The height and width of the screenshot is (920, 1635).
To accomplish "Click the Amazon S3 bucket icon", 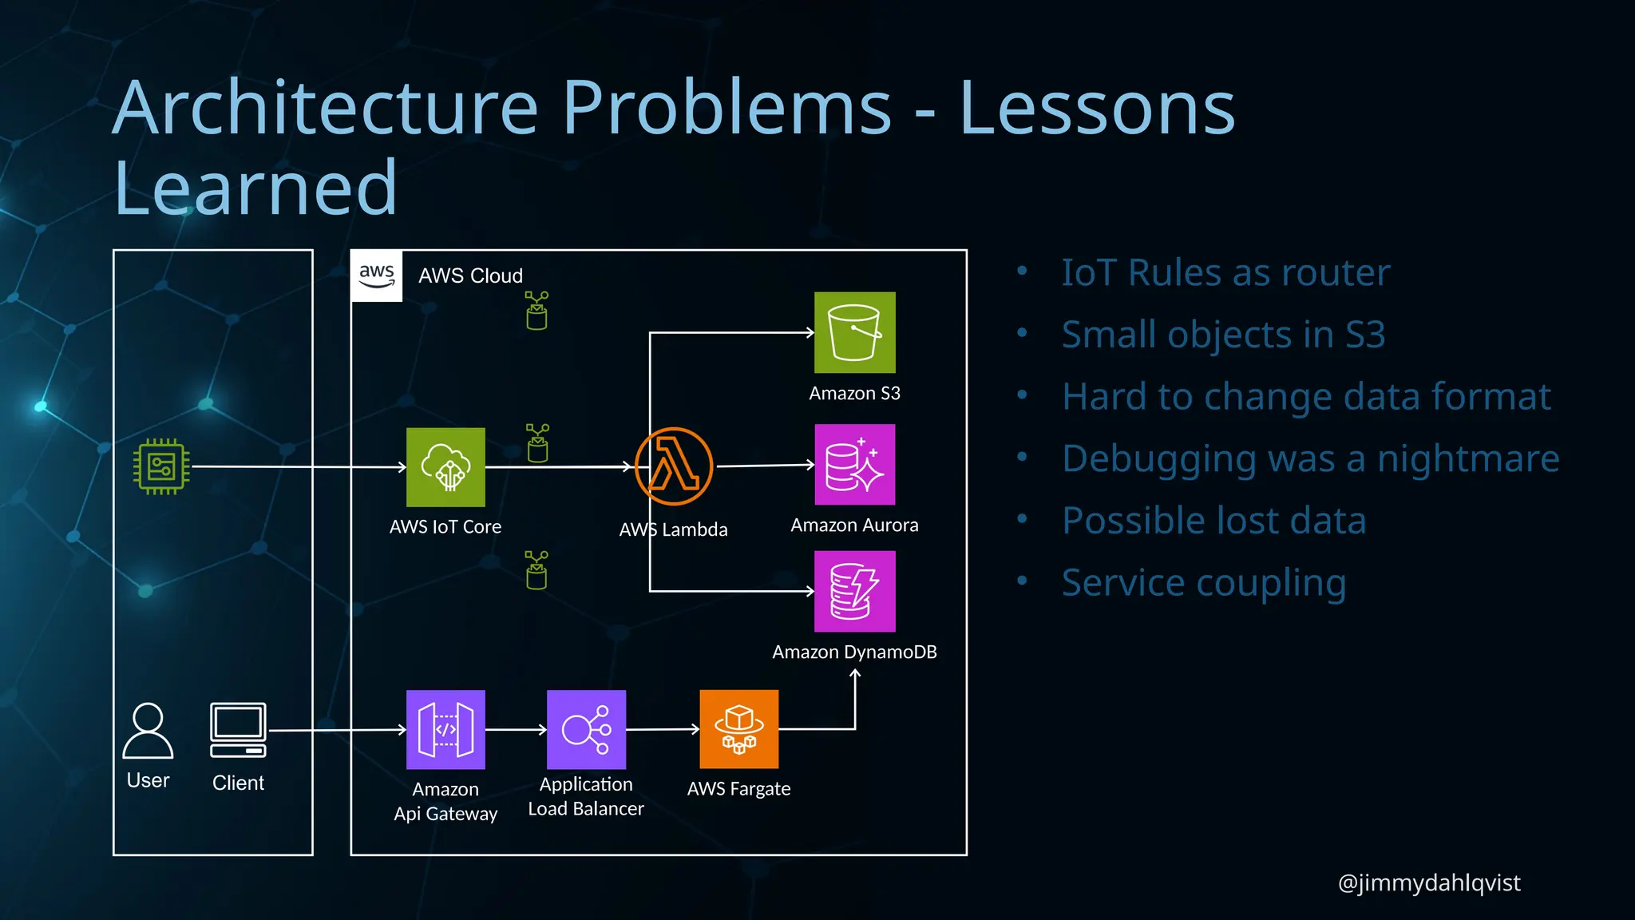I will tap(854, 332).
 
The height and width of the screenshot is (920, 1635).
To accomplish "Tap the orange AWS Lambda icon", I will tap(674, 466).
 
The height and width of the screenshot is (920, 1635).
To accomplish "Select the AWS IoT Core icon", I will tap(445, 467).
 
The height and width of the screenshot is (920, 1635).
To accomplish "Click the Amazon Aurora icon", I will tap(854, 465).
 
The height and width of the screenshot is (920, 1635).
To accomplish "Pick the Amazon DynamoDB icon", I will tap(854, 592).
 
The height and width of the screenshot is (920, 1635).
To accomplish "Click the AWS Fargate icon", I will tap(738, 729).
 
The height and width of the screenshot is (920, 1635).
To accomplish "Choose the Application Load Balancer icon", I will tap(586, 729).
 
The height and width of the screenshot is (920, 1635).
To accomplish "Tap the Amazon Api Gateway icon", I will tap(445, 729).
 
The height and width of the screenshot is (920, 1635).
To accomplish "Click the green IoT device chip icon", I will tap(161, 467).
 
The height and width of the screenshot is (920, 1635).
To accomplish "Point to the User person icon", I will tap(148, 731).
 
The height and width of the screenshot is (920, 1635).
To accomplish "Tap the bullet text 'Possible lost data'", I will tap(1213, 521).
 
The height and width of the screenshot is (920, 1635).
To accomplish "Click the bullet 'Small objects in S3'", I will tap(1223, 335).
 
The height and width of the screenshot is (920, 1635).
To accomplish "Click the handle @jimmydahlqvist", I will tap(1428, 882).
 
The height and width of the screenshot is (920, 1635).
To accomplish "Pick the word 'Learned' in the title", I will tap(255, 188).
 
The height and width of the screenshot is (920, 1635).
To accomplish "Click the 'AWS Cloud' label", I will tap(470, 276).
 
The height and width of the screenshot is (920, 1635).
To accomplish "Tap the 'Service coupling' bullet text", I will tap(1204, 583).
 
